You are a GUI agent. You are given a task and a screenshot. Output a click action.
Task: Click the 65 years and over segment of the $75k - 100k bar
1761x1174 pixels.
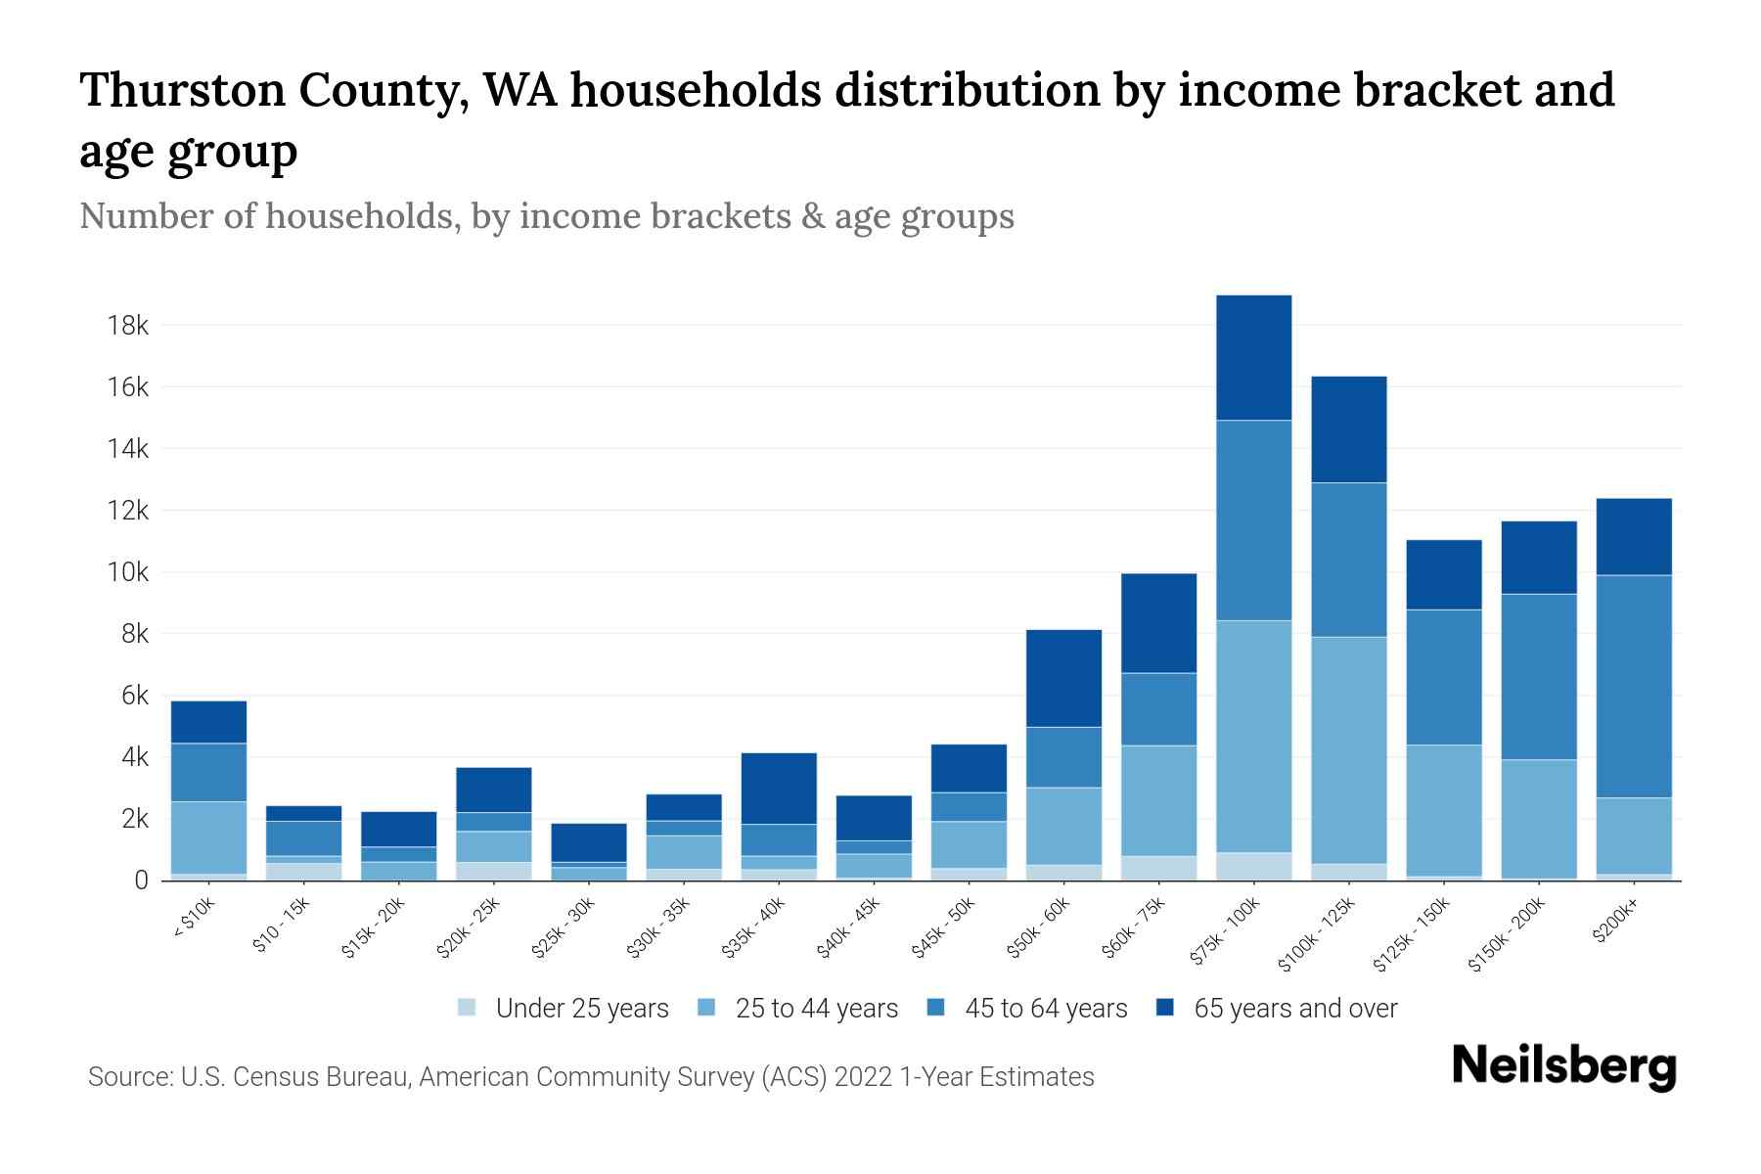(1253, 357)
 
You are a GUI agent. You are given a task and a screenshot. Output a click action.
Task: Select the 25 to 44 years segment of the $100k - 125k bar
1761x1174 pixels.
(1348, 749)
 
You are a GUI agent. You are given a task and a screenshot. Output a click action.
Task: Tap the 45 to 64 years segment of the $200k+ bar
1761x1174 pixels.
(1634, 686)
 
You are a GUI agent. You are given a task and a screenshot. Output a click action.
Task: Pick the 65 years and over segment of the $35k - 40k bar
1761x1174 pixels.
(779, 788)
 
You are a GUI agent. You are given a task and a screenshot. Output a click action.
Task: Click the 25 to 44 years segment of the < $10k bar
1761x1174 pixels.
(208, 837)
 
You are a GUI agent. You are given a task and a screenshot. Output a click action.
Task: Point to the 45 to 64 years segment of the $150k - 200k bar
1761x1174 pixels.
(1539, 676)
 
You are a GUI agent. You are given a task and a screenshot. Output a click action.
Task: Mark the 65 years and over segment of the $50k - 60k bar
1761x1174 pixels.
(1063, 678)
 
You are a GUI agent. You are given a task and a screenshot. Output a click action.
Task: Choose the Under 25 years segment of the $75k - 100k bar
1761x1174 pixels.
(1253, 866)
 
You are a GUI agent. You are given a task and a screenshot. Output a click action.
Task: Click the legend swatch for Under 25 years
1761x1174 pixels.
(468, 1007)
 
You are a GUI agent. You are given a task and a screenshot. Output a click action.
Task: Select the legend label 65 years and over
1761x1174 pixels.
(1295, 1008)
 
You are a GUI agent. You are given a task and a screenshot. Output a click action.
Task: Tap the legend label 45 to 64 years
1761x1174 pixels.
(1046, 1008)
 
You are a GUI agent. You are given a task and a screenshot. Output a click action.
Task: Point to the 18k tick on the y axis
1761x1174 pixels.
(128, 325)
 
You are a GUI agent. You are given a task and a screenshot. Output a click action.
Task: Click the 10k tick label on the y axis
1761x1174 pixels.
(128, 572)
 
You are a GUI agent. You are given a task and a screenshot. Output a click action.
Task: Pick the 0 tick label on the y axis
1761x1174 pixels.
(142, 880)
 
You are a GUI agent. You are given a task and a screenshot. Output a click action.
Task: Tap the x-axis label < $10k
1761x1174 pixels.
(193, 919)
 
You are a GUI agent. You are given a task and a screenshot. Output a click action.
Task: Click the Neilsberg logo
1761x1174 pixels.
(1563, 1066)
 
